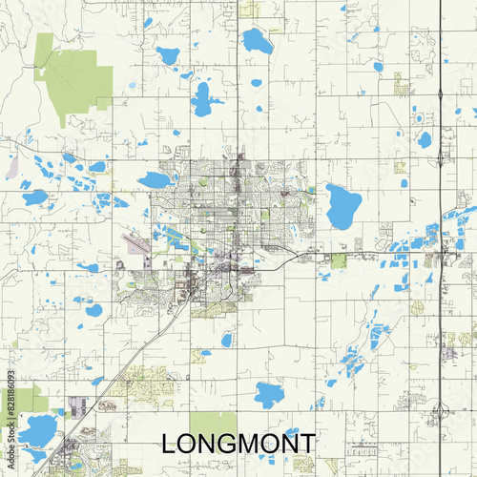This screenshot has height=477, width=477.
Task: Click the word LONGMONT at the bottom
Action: click(238, 445)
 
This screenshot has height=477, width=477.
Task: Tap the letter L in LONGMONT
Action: click(170, 445)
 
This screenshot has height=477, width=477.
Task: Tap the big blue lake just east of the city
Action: click(343, 205)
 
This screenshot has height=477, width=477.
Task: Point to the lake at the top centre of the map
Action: click(257, 41)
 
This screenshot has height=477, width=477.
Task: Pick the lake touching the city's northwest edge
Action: click(155, 179)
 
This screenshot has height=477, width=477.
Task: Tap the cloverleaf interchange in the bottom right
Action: click(441, 411)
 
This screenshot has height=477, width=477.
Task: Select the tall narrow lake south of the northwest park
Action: click(202, 99)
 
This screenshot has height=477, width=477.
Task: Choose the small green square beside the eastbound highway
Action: click(339, 260)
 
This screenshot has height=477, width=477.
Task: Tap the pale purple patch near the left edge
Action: click(11, 170)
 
